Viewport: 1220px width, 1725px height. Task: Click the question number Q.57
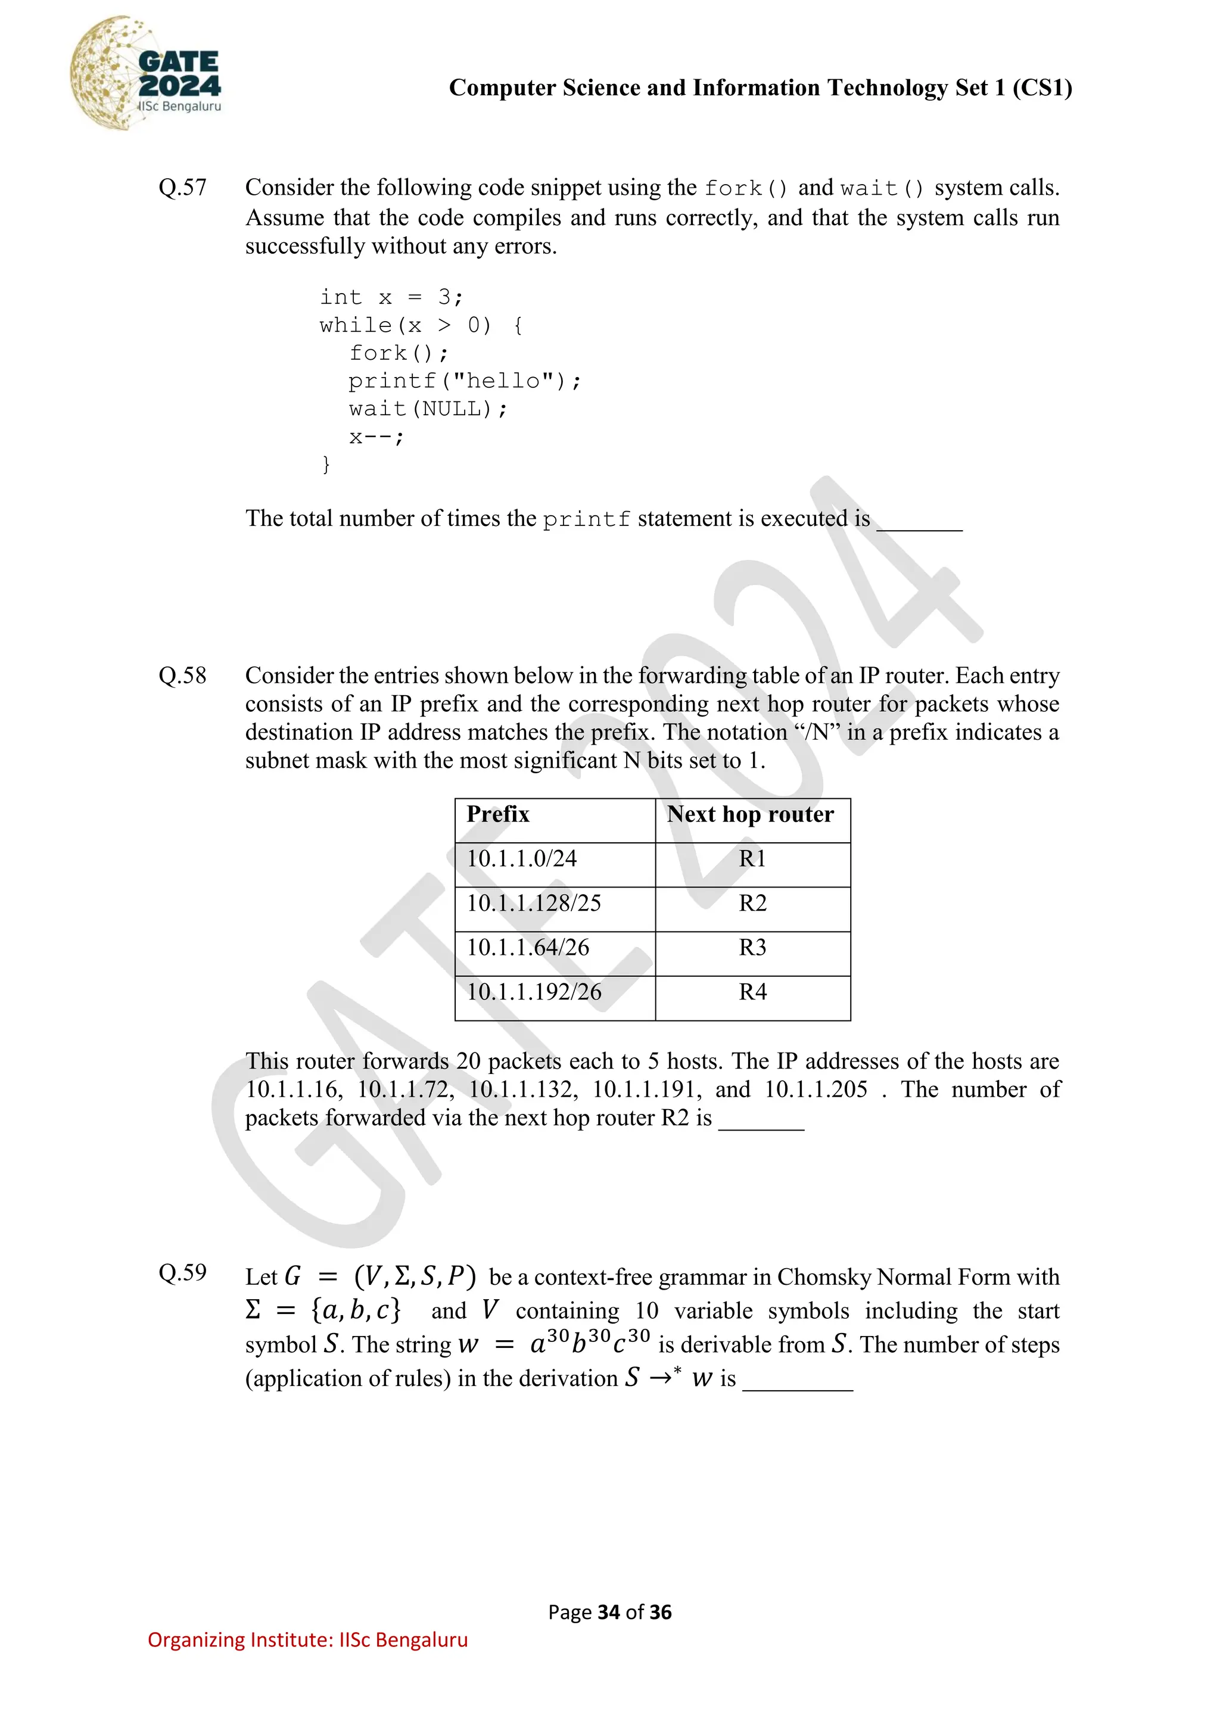(x=182, y=187)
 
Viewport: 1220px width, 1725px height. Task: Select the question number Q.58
(x=182, y=675)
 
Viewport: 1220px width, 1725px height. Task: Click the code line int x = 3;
(x=391, y=297)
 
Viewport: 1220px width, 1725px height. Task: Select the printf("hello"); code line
(x=464, y=381)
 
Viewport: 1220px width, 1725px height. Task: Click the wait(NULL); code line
(x=428, y=409)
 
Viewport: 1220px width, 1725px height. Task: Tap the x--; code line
(x=376, y=437)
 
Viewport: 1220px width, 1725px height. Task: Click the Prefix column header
(x=498, y=814)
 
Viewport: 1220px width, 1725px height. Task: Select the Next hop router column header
(x=750, y=814)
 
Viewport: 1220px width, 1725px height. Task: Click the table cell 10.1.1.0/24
(x=521, y=859)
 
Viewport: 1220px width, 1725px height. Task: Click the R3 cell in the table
(x=752, y=948)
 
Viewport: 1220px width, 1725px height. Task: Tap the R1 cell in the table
(x=752, y=859)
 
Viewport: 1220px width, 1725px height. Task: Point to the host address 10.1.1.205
(x=816, y=1089)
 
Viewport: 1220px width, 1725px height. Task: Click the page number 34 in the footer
(x=608, y=1612)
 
